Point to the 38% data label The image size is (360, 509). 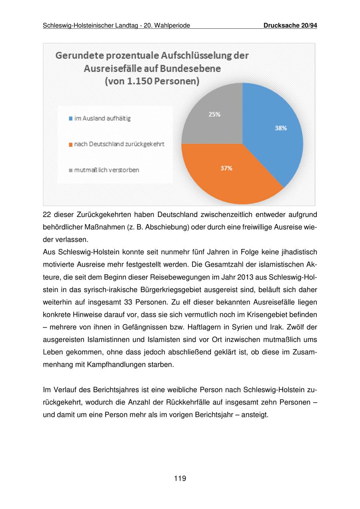[x=280, y=128]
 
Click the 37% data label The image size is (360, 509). [x=226, y=168]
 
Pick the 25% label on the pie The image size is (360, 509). [x=214, y=114]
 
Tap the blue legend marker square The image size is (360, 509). [x=71, y=119]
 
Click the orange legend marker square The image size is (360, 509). [x=71, y=144]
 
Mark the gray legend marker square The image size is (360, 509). [x=71, y=170]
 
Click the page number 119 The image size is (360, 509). [x=180, y=478]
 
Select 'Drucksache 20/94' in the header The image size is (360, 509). [x=290, y=26]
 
